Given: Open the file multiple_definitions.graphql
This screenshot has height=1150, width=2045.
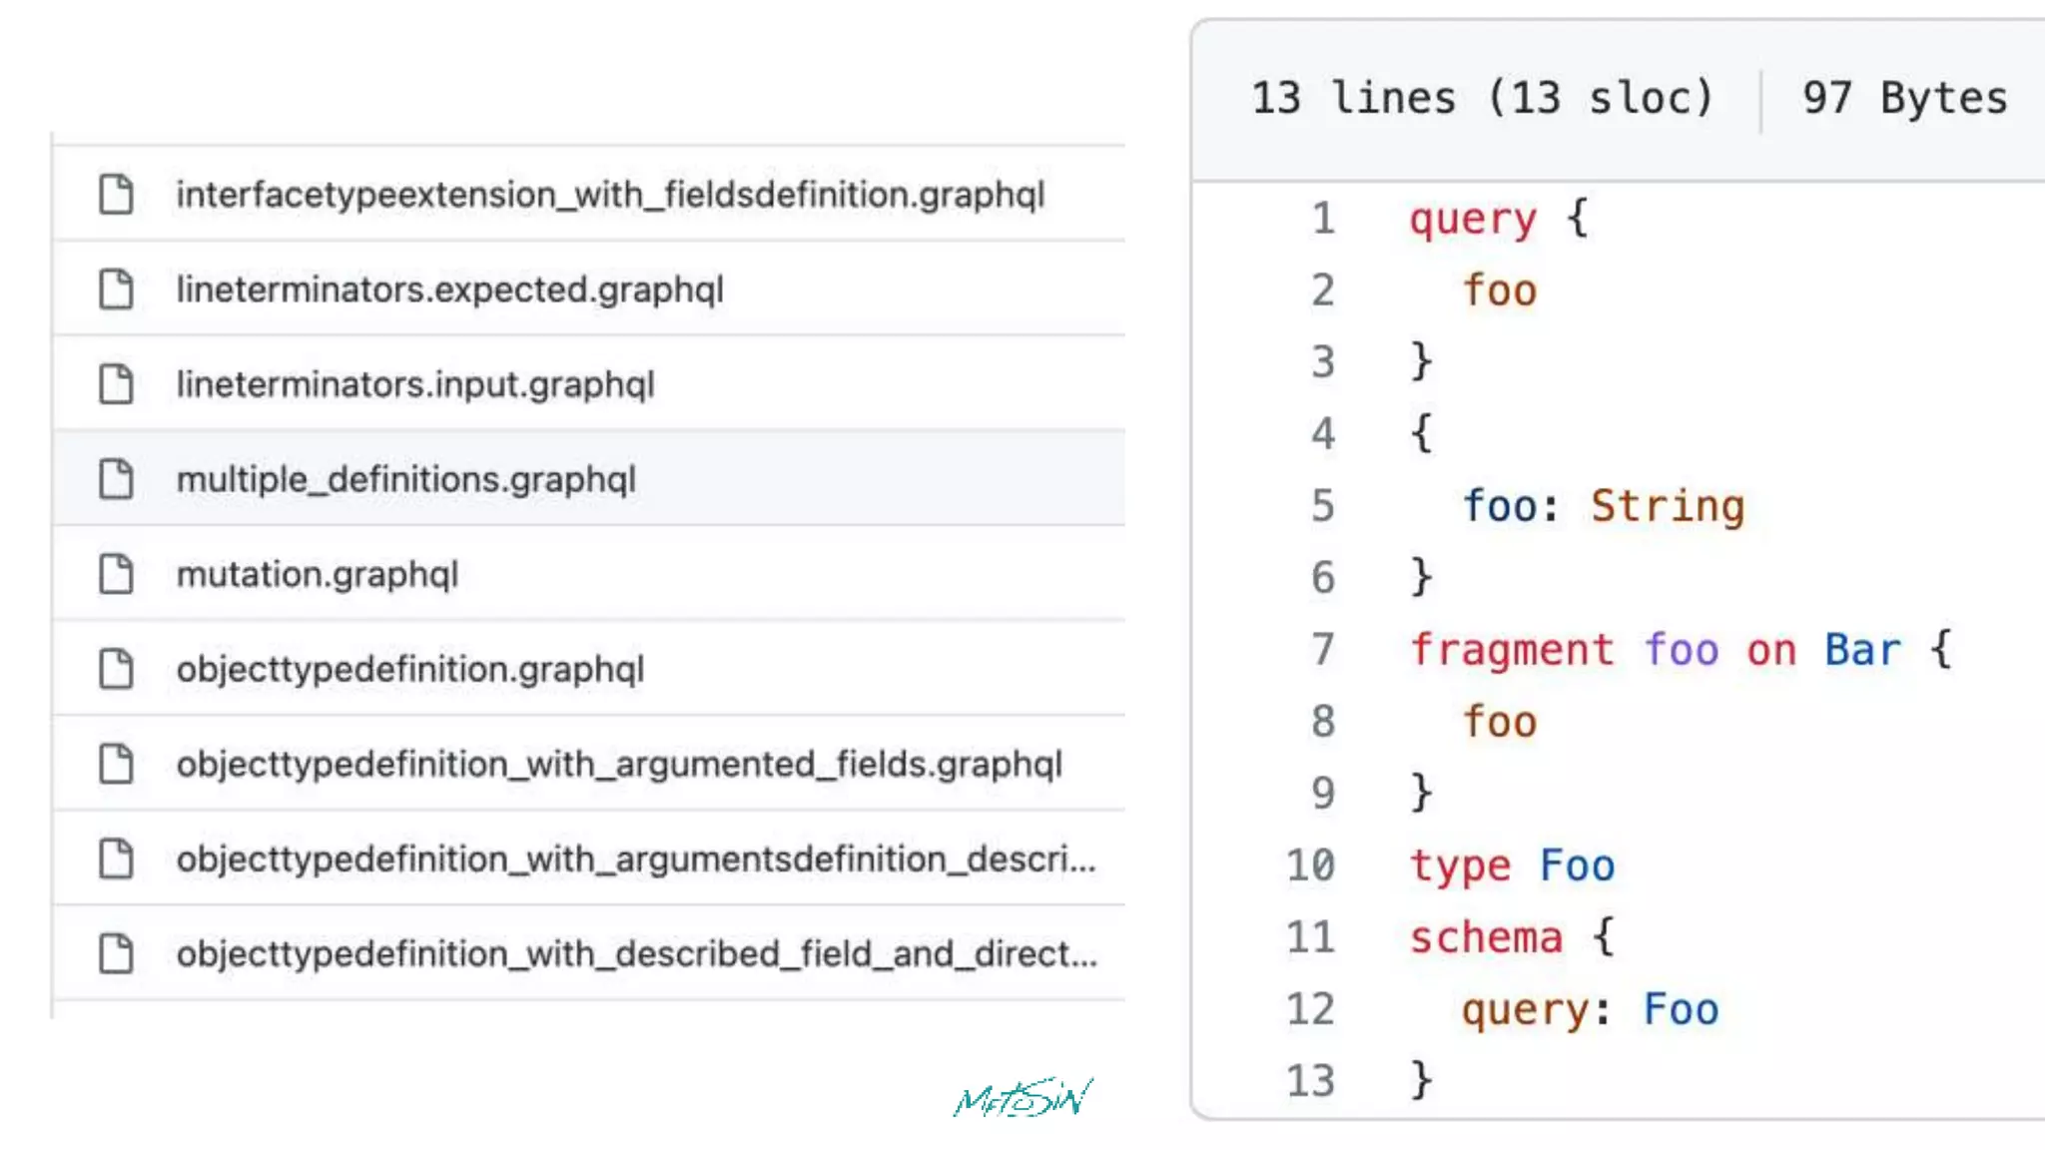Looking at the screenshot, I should [405, 479].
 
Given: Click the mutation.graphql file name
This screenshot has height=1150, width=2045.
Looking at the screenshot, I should [317, 574].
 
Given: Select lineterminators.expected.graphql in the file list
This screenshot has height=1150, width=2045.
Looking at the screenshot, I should [449, 289].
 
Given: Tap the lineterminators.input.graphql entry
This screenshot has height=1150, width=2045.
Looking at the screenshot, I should [415, 384].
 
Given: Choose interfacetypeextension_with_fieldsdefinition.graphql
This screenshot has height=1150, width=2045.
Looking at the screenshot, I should [610, 195].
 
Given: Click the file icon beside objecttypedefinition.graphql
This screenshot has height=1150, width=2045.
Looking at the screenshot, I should [116, 669].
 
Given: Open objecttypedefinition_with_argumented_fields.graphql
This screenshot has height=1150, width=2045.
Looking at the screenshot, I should [619, 764].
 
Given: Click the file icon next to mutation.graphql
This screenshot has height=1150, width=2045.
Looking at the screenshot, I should [116, 574].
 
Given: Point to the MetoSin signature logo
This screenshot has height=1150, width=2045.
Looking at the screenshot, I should [1022, 1098].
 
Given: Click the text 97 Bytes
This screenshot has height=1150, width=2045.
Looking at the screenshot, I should [1904, 98].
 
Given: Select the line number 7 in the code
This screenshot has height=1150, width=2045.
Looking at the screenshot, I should [1322, 650].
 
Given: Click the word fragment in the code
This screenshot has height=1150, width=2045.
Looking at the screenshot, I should [1511, 650].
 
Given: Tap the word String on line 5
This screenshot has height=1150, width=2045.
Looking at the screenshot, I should [1667, 506].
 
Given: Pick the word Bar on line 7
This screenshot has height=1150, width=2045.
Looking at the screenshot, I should [1862, 650].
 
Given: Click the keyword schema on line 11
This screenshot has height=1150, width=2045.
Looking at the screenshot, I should [1485, 937].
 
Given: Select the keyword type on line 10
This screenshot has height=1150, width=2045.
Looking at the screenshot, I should [1459, 865].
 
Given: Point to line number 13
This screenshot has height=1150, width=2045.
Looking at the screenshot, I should [1310, 1081].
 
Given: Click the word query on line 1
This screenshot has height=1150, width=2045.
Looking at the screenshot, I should [1472, 219].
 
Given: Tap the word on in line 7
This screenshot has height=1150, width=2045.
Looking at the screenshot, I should [1770, 650].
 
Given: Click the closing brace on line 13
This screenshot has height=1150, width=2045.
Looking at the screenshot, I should [1421, 1080].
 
